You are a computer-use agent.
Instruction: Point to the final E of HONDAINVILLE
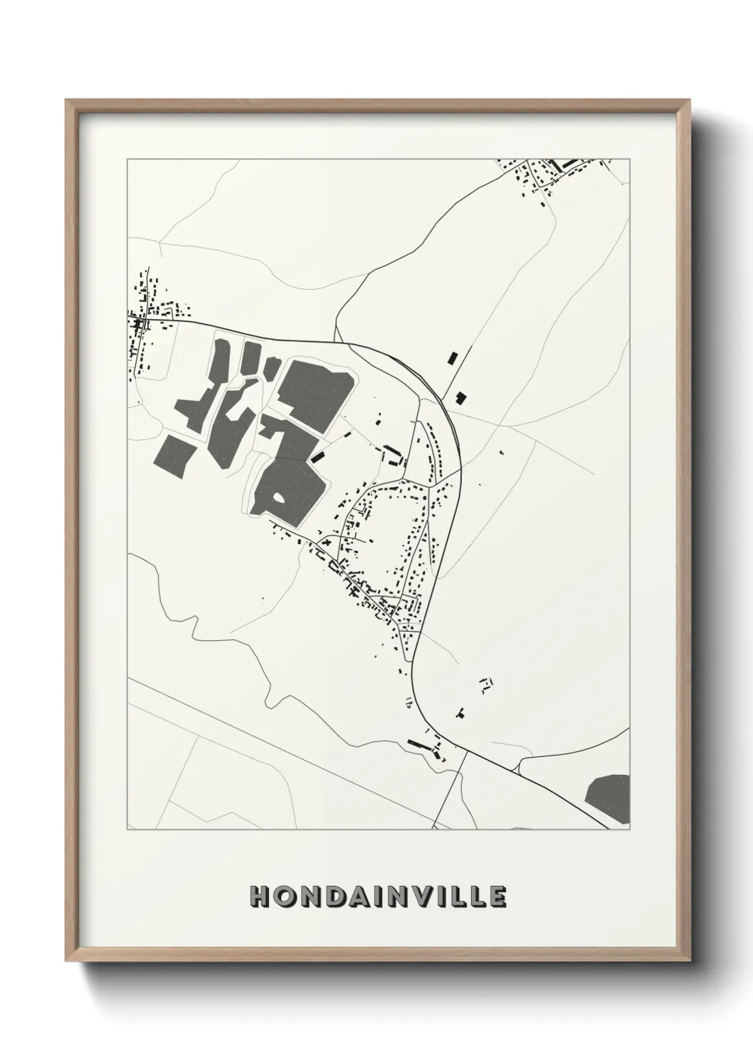pos(497,897)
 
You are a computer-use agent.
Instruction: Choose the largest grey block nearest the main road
pos(316,395)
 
